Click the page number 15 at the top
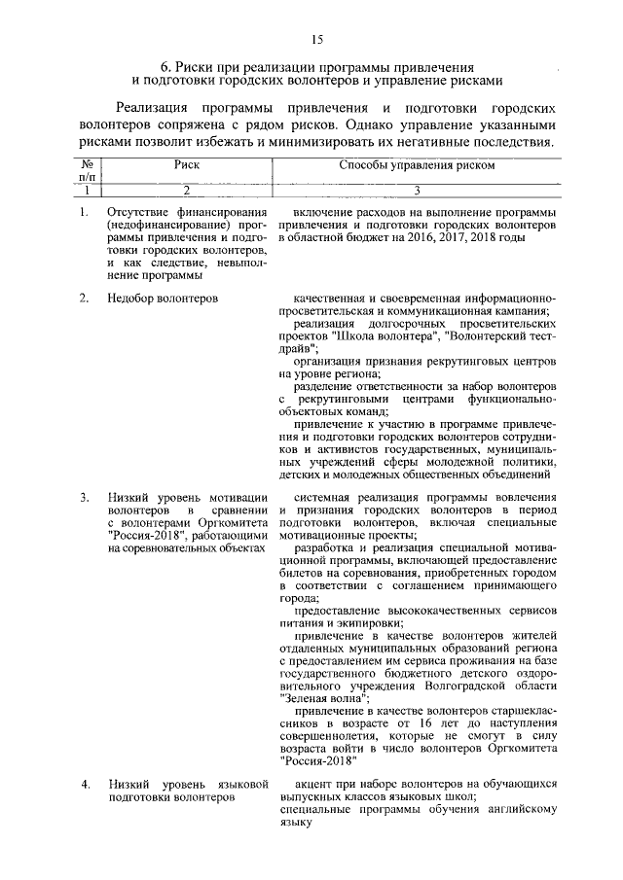(316, 39)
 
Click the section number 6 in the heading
(166, 67)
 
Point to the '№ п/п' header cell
(87, 171)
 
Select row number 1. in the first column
(85, 213)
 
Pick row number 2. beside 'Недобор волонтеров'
(85, 297)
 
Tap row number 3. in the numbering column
(85, 498)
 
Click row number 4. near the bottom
(85, 784)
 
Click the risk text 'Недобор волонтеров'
(163, 297)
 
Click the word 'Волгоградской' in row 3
(475, 684)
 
